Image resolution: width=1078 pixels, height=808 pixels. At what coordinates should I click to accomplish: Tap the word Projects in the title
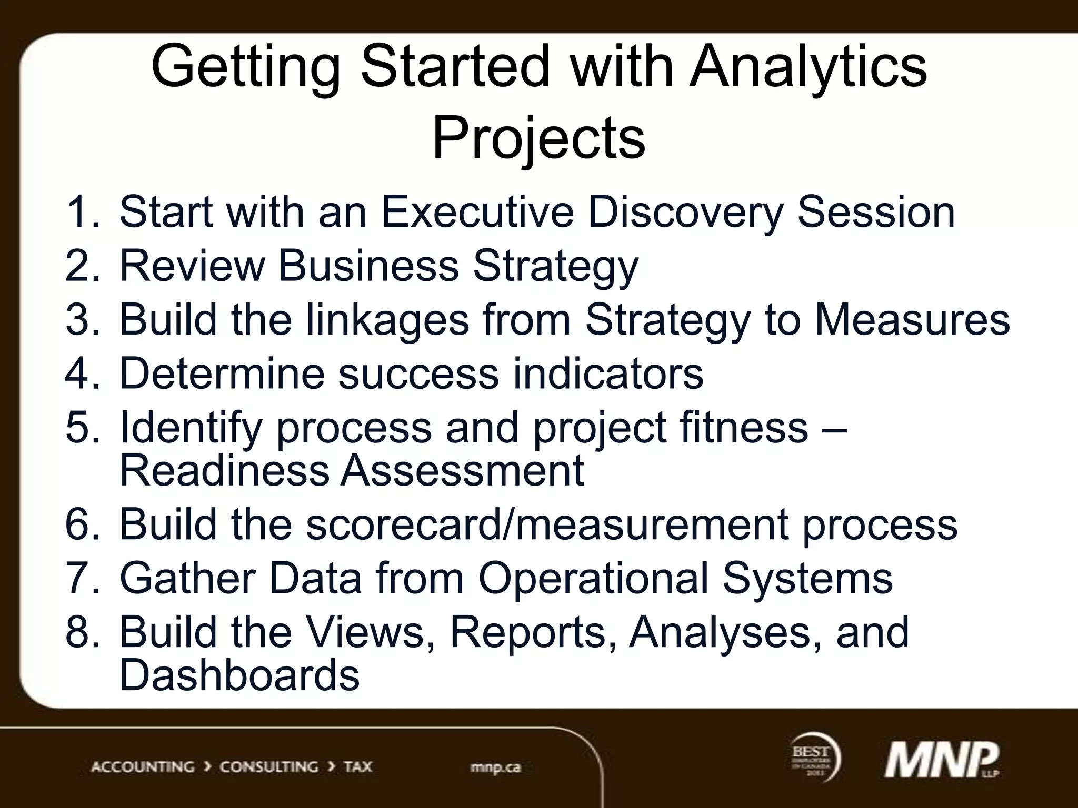pyautogui.click(x=538, y=139)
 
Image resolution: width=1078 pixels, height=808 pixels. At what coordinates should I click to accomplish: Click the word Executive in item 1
pyautogui.click(x=477, y=212)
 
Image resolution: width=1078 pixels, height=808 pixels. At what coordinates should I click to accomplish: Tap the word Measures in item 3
pyautogui.click(x=912, y=320)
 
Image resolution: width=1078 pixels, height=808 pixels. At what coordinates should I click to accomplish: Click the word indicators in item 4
pyautogui.click(x=608, y=373)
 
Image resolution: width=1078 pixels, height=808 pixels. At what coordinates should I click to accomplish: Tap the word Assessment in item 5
pyautogui.click(x=462, y=471)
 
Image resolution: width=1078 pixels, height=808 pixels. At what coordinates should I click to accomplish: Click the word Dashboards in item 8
pyautogui.click(x=239, y=675)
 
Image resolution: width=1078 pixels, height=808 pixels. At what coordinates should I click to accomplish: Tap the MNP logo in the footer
pyautogui.click(x=941, y=760)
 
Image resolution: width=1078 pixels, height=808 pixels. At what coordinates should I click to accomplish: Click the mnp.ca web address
pyautogui.click(x=495, y=767)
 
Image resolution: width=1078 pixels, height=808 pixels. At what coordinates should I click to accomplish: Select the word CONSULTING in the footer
pyautogui.click(x=268, y=766)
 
